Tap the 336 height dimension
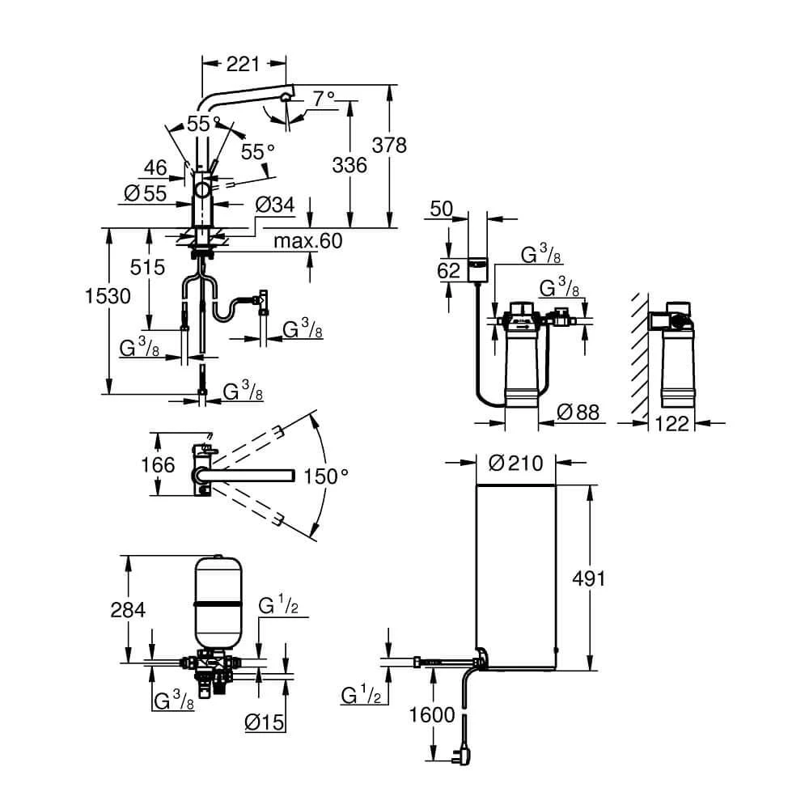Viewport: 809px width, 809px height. (349, 166)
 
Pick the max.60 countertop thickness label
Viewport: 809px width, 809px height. (307, 241)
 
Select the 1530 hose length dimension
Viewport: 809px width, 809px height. (108, 296)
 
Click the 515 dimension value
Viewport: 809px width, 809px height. (148, 268)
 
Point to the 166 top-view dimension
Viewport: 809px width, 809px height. (158, 464)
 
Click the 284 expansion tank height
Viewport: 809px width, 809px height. (128, 610)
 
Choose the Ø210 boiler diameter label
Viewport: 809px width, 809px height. (515, 464)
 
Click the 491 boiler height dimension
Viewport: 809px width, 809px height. (587, 578)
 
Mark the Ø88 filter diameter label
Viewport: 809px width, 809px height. (579, 413)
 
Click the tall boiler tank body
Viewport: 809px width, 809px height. (515, 574)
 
